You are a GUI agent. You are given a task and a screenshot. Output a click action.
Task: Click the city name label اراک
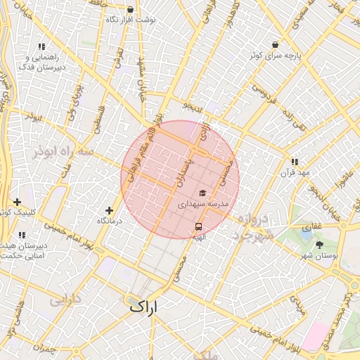point(145,307)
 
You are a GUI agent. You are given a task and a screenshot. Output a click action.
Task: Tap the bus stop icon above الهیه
point(198,227)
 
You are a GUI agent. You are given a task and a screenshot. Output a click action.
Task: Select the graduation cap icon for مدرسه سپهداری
point(202,193)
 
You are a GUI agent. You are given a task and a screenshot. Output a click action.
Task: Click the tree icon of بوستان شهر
point(321,245)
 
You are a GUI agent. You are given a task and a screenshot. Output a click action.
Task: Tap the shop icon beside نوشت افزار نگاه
point(131,10)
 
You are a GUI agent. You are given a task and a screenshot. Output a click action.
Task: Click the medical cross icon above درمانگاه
point(109,210)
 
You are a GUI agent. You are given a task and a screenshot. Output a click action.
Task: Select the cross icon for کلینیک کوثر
point(17,202)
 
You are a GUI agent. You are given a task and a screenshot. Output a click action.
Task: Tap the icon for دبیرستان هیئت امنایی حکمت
point(22,235)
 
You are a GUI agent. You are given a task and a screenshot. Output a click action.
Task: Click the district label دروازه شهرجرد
point(252,226)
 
